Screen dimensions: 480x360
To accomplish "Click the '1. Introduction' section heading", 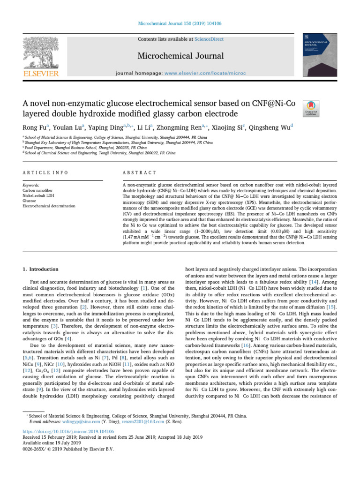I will pyautogui.click(x=41, y=270).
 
